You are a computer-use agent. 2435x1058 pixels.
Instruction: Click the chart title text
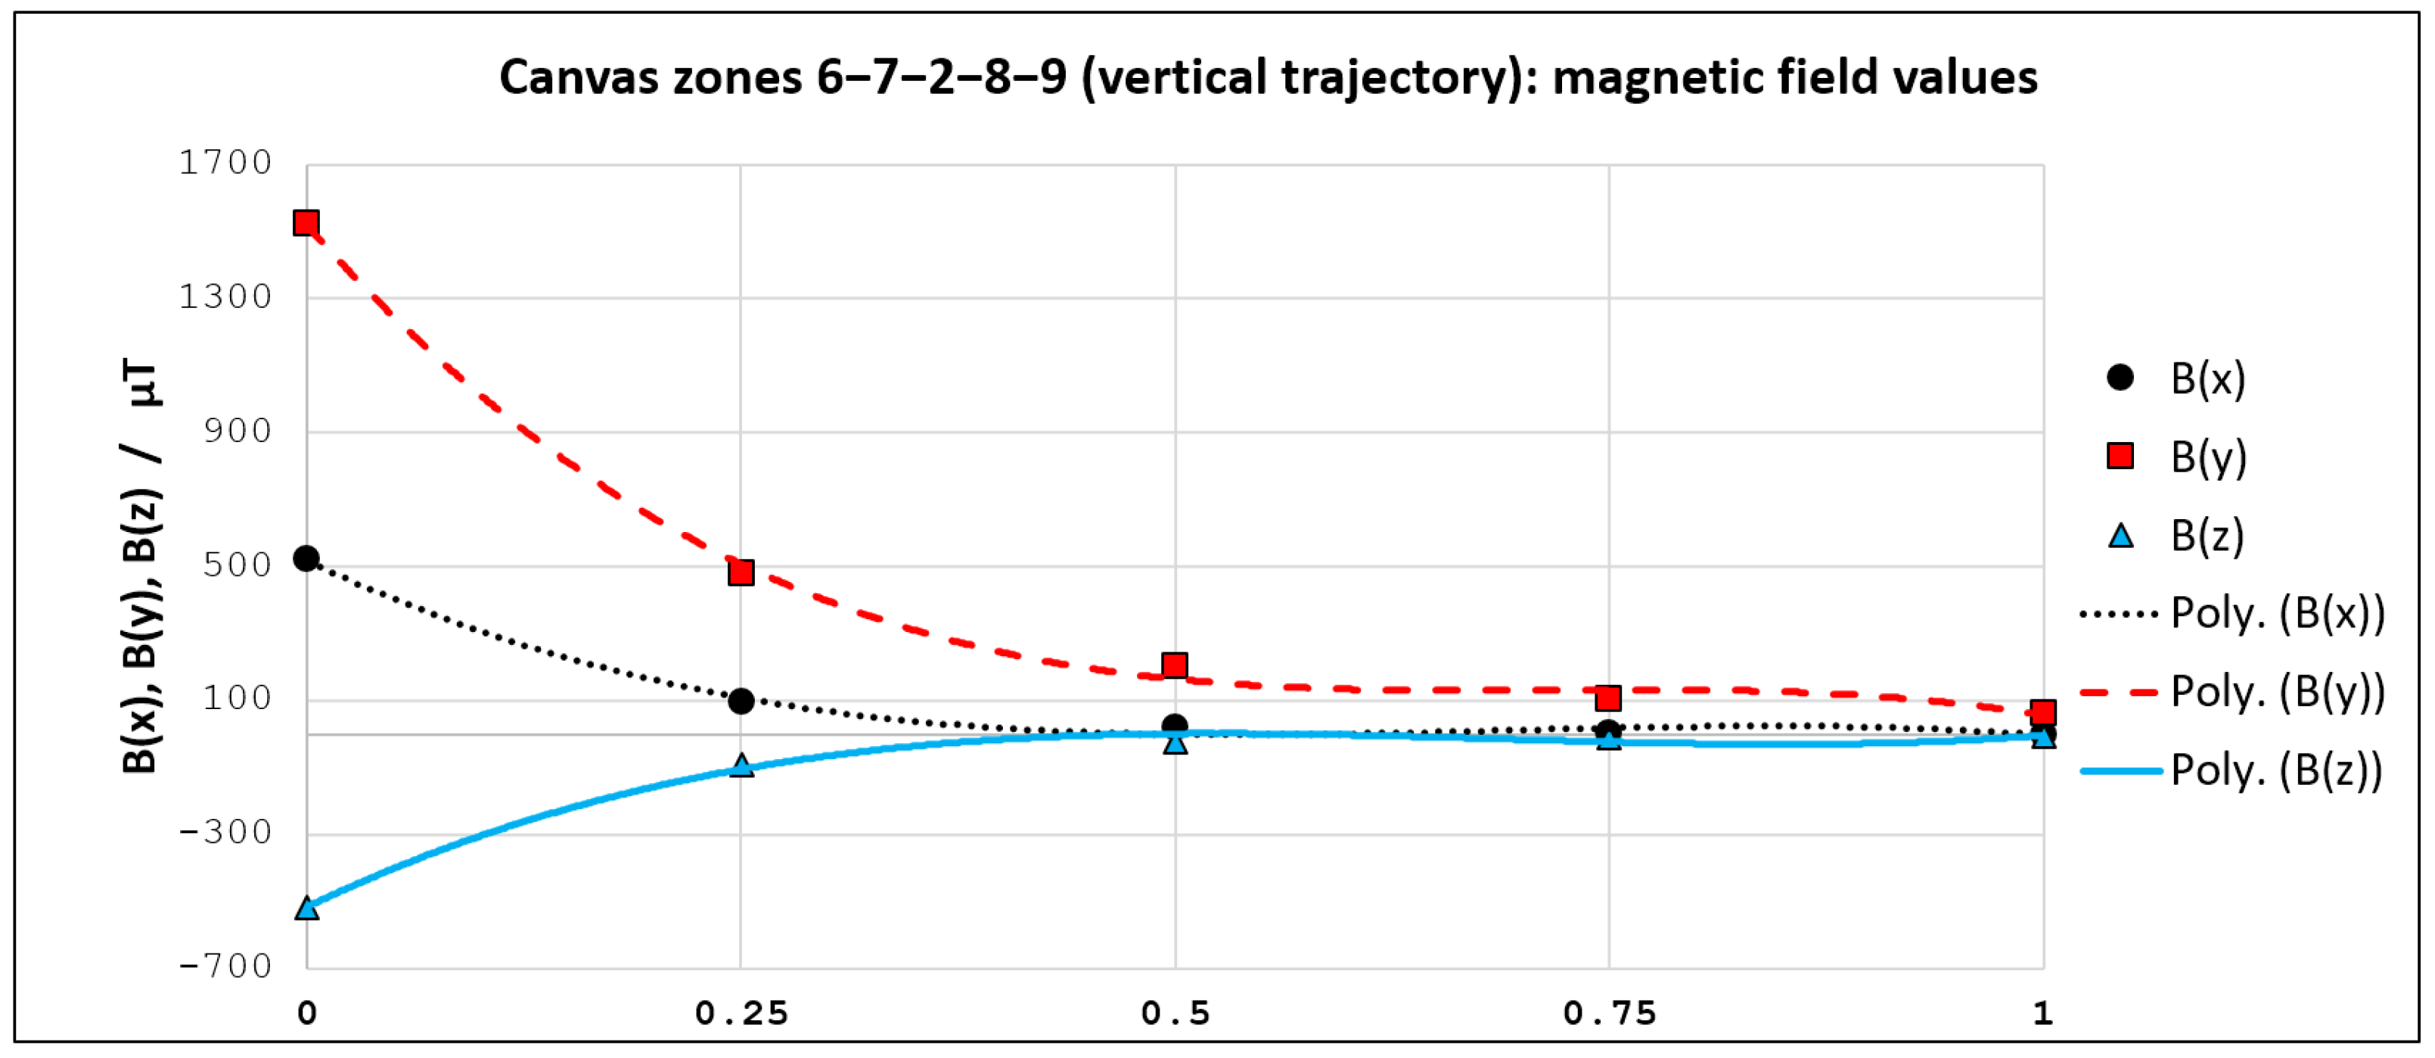(x=1268, y=77)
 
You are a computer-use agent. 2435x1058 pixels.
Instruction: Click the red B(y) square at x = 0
(x=306, y=223)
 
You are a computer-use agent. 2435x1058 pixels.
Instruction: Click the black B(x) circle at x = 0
(x=306, y=559)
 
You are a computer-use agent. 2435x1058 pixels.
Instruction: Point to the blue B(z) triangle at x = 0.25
(x=742, y=766)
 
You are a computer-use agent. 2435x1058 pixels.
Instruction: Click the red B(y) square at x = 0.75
(x=1609, y=699)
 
